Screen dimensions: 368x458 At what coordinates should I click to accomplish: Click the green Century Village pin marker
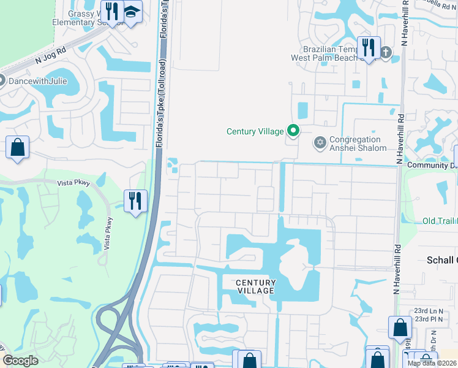click(x=293, y=131)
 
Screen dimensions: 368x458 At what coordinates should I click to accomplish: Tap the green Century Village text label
click(x=255, y=131)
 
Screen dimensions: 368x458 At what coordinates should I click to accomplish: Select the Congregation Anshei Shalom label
click(x=358, y=144)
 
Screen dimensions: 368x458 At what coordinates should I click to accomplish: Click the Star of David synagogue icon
click(x=318, y=144)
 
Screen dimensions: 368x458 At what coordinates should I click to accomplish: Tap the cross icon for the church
click(x=385, y=52)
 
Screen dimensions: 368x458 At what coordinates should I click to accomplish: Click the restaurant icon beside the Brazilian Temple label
click(x=369, y=47)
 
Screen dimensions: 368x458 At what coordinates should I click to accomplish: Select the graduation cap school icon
click(x=130, y=12)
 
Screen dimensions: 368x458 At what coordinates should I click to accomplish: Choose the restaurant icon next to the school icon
click(x=111, y=12)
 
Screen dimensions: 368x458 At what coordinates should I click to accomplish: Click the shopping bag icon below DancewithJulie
click(x=18, y=147)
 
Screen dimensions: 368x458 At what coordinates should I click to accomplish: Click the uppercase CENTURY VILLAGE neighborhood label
click(x=256, y=286)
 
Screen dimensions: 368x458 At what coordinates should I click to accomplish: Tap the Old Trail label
click(x=440, y=221)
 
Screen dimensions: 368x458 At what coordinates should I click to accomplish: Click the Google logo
click(x=20, y=361)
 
